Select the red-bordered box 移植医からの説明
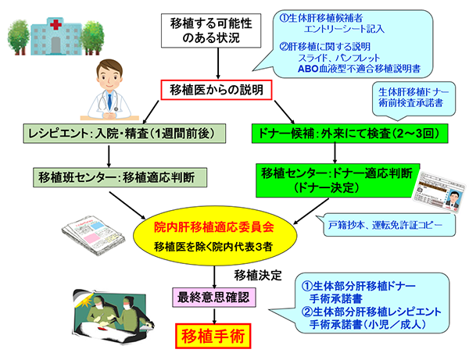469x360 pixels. click(x=215, y=90)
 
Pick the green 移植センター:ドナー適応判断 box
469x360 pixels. click(x=337, y=179)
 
